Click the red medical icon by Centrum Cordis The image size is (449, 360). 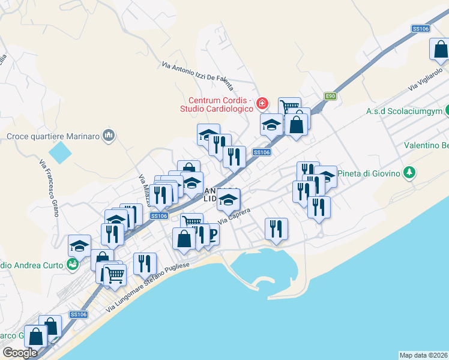(262, 104)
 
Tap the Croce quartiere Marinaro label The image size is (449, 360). (52, 136)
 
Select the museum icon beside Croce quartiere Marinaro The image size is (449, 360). (109, 136)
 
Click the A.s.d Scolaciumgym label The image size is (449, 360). (404, 112)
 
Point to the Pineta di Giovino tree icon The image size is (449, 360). (409, 173)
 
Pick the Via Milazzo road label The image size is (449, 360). (145, 188)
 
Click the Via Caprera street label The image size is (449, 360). (234, 217)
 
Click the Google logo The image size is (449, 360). (20, 353)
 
